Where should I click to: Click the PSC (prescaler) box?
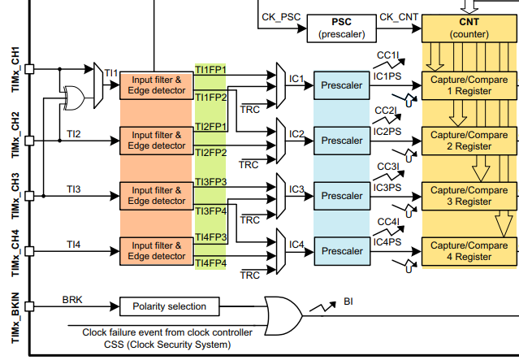pos(342,28)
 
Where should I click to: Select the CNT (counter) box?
pos(469,28)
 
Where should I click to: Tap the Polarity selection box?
pos(169,306)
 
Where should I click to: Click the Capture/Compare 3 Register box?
pos(469,196)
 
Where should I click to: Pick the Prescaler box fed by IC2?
pos(342,141)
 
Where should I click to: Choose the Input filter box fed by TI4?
pos(157,251)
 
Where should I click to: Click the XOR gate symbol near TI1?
pos(73,98)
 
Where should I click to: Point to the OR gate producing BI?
pos(283,315)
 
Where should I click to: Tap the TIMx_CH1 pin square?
pos(29,69)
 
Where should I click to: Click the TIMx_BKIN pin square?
pos(29,306)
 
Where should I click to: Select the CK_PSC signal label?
pos(281,17)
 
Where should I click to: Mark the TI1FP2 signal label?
pos(211,98)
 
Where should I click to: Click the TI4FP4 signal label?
pos(211,263)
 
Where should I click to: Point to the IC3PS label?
pos(387,188)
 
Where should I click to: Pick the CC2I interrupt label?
pos(386,111)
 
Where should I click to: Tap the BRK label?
pos(72,300)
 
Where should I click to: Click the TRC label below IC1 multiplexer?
pos(250,110)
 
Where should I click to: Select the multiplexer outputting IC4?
pos(281,251)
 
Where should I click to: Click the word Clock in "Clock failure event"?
pos(95,332)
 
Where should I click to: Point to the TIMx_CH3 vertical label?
pos(15,196)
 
